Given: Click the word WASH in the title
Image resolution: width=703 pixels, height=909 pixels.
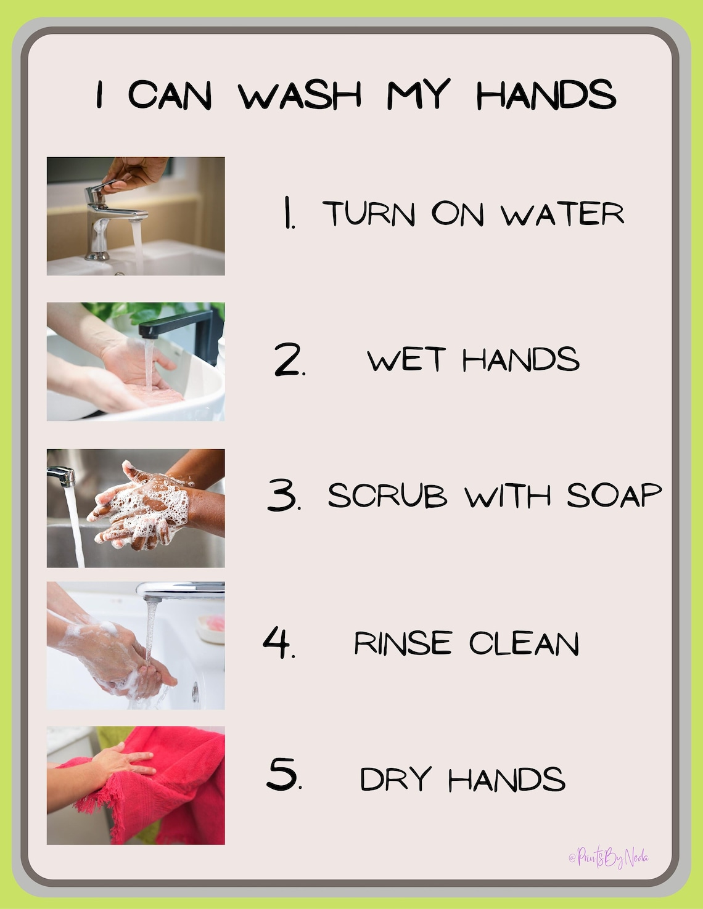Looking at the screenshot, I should pyautogui.click(x=300, y=96).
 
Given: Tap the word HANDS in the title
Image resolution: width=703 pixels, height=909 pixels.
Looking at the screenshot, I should pyautogui.click(x=546, y=96).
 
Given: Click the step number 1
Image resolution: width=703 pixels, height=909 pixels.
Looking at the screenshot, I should pyautogui.click(x=288, y=213).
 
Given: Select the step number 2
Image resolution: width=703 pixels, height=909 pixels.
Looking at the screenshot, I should pyautogui.click(x=289, y=361).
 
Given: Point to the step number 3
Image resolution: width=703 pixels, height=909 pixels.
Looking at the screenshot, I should pyautogui.click(x=284, y=495).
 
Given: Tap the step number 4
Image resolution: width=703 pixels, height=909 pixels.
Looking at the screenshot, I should pyautogui.click(x=278, y=643).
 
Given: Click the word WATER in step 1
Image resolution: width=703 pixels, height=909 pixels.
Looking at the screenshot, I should pyautogui.click(x=562, y=214).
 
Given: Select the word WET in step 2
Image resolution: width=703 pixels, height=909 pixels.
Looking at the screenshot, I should pyautogui.click(x=406, y=360).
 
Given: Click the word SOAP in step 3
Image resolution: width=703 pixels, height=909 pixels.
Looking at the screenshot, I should pyautogui.click(x=614, y=495).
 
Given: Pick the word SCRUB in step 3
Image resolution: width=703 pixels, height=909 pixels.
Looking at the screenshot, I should pyautogui.click(x=387, y=496).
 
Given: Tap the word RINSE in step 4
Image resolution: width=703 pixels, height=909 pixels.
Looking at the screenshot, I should pyautogui.click(x=403, y=643).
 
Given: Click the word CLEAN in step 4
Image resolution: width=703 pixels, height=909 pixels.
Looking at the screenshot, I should pyautogui.click(x=524, y=643).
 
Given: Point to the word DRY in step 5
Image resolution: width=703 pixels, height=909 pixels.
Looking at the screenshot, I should pyautogui.click(x=395, y=779).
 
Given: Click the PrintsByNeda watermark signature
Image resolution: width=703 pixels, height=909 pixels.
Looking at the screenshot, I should pyautogui.click(x=608, y=857).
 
